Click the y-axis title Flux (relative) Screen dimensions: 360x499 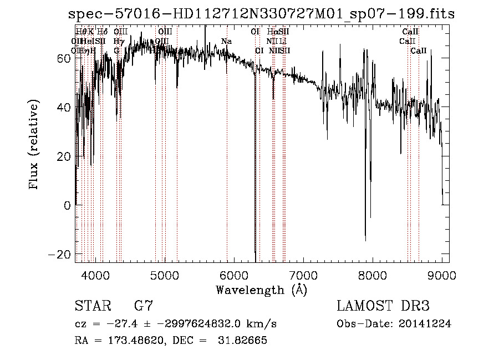tap(34, 145)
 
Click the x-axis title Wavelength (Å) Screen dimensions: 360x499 tap(261, 290)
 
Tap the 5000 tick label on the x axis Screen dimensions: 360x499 tap(165, 275)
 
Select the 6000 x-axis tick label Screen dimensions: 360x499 tap(234, 275)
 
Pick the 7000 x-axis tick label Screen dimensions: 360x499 tap(303, 275)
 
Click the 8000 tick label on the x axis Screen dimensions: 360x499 tap(373, 275)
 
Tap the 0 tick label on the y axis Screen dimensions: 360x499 tap(67, 206)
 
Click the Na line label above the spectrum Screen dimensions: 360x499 tap(226, 41)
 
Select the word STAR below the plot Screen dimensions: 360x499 tap(92, 306)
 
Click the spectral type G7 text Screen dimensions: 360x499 tap(143, 306)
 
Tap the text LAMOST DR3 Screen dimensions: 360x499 tap(383, 306)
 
